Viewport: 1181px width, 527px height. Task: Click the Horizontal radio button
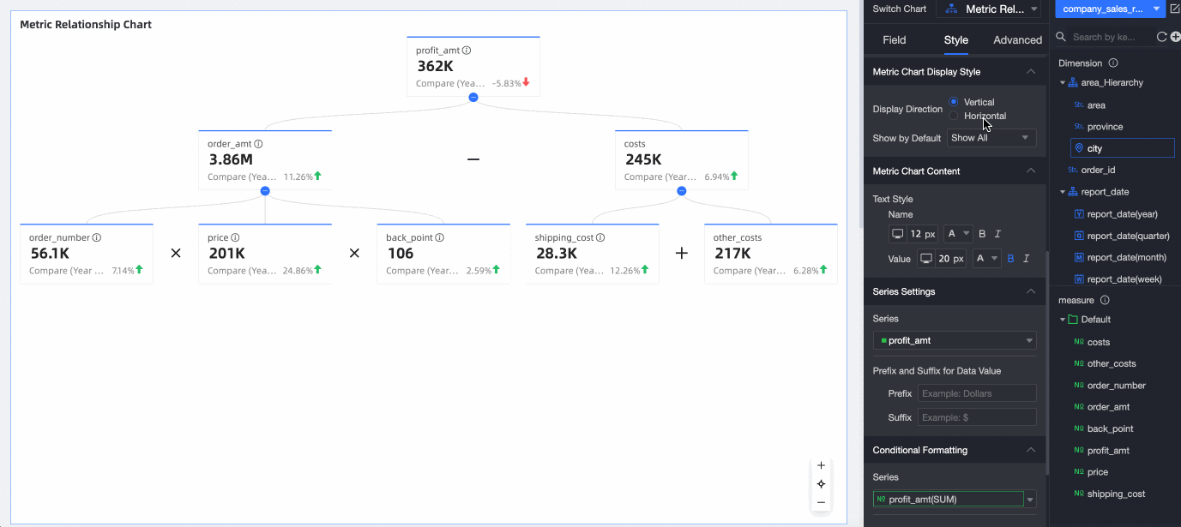tap(954, 116)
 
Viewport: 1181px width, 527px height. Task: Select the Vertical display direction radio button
tap(954, 102)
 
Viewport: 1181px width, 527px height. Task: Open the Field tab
tap(894, 40)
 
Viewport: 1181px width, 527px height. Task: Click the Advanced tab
tap(1017, 40)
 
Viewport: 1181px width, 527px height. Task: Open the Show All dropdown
tap(991, 138)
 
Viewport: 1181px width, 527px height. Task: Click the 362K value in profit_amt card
tap(436, 66)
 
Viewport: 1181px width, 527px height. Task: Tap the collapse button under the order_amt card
tap(265, 191)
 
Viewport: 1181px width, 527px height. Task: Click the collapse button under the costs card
tap(682, 191)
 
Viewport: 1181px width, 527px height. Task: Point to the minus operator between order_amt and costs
tap(473, 159)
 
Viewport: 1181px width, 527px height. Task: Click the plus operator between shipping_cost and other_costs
tap(682, 254)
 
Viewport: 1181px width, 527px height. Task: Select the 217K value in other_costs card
tap(732, 254)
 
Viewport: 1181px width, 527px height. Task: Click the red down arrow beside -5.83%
tap(526, 83)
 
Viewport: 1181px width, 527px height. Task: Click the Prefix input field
tap(976, 393)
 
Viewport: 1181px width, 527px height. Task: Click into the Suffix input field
tap(976, 417)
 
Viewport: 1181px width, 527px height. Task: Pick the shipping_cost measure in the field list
tap(1116, 494)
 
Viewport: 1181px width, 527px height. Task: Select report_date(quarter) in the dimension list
tap(1128, 236)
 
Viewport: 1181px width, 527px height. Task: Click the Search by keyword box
tap(1108, 37)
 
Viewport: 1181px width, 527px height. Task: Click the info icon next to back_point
tap(439, 238)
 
